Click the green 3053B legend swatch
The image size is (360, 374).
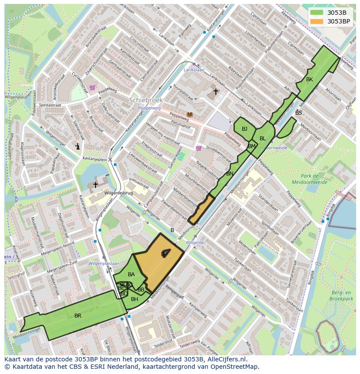coord(317,12)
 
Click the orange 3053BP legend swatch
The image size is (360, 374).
coord(317,21)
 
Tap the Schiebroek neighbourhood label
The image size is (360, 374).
coord(146,100)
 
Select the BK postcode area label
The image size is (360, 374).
coord(309,79)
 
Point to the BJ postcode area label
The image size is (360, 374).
coord(244,129)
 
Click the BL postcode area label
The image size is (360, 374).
coord(263,139)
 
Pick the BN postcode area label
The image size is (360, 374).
coord(230,174)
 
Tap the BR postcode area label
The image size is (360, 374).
coord(78,316)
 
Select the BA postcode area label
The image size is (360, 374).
coord(131,275)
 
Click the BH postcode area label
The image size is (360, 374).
coord(134,299)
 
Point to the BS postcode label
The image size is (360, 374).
coord(298,113)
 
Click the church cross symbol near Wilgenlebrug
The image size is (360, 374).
coord(95,185)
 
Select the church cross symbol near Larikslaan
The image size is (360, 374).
coord(216,92)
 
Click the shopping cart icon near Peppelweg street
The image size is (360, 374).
coord(92,87)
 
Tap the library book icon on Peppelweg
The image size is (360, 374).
coord(189,115)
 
